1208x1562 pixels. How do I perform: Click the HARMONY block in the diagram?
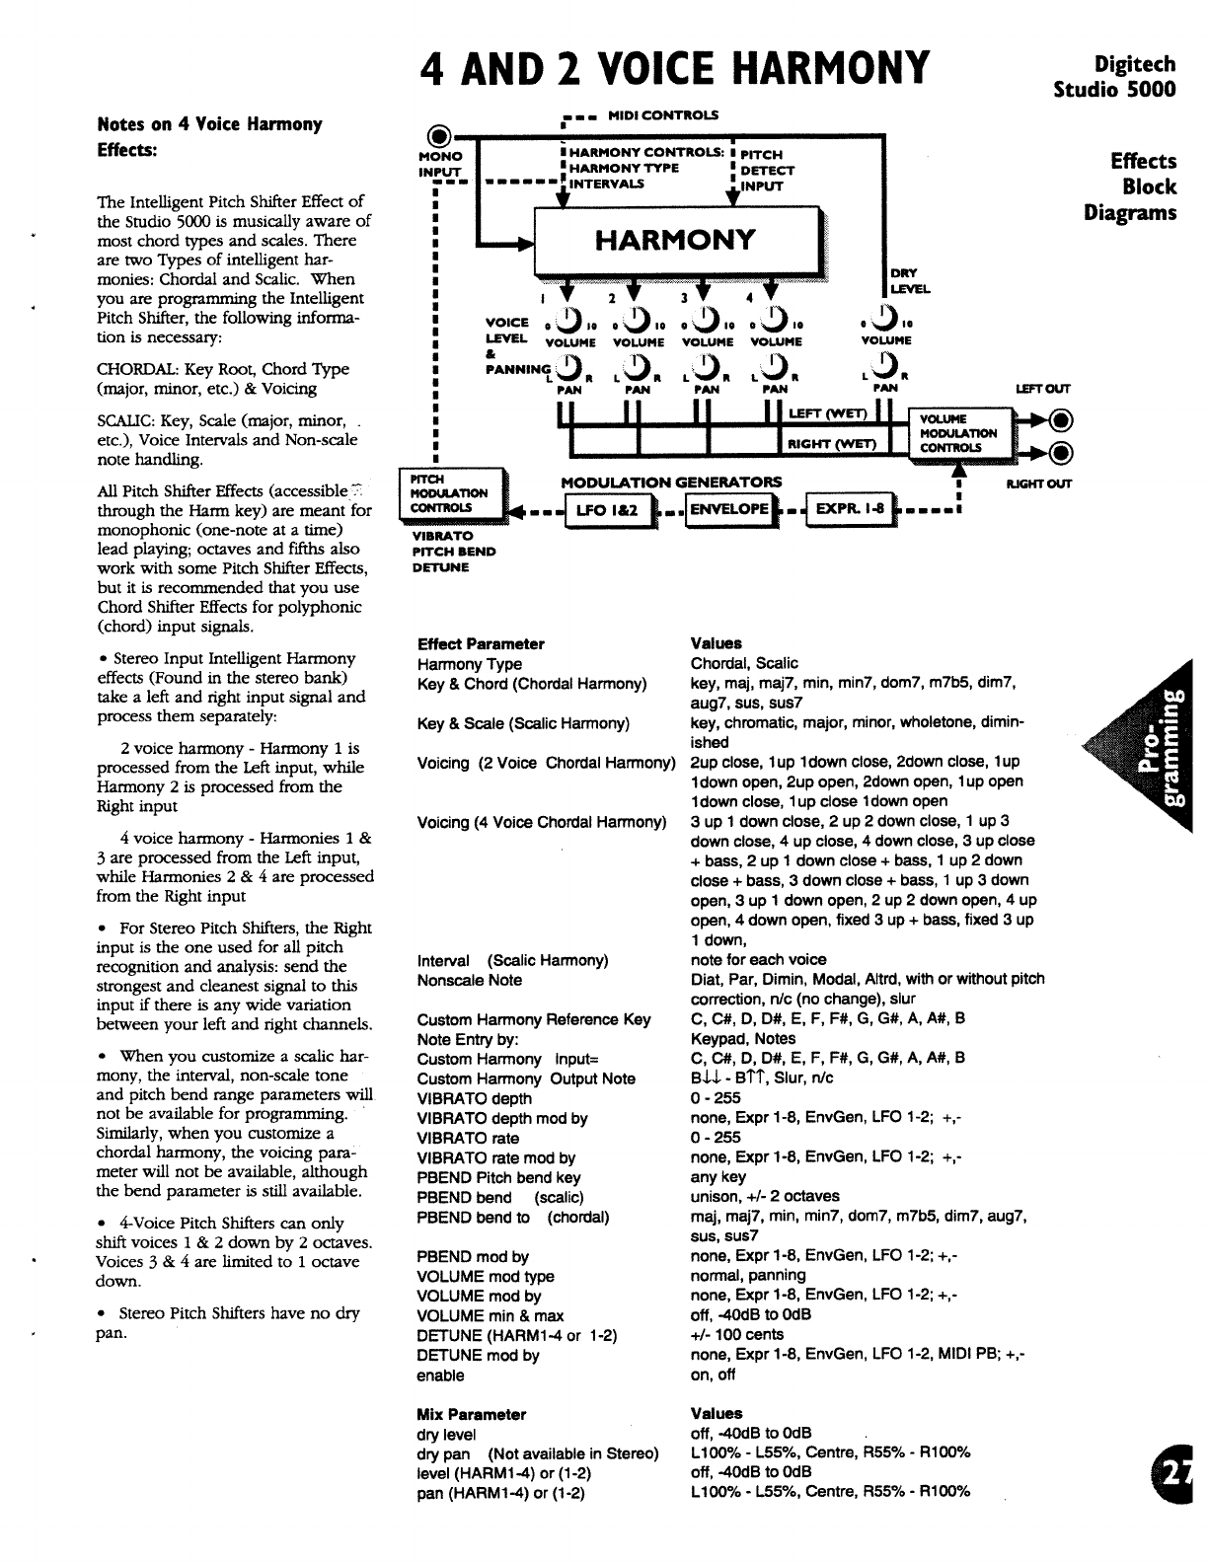(x=675, y=239)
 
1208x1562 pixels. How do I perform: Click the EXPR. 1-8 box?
(x=850, y=509)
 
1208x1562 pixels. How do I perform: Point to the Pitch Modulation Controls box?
(x=449, y=492)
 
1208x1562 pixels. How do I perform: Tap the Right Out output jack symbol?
(x=1060, y=453)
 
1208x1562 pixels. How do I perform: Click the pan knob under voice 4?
(x=774, y=370)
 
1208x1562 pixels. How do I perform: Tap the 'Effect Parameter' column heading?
(x=481, y=644)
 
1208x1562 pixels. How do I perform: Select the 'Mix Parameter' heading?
(x=471, y=1414)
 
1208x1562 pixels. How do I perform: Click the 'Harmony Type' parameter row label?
(x=469, y=664)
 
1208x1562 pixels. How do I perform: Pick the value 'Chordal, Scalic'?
(x=744, y=663)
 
